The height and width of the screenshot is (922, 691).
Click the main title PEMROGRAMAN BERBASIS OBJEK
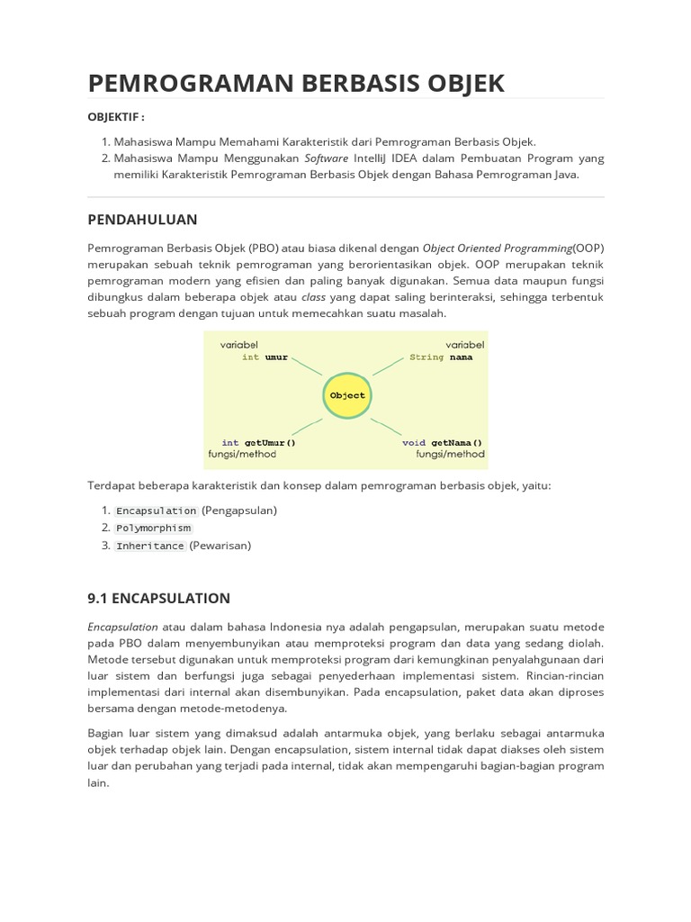pos(296,83)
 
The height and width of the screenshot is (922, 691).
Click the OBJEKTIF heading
pos(116,117)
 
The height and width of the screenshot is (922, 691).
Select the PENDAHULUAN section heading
pos(142,220)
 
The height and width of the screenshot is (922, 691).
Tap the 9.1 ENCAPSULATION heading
pos(158,598)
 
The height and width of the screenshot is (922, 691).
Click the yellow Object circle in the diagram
pos(347,395)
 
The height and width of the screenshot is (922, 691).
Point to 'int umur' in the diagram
pos(265,357)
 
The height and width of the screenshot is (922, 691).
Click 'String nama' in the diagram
pos(441,357)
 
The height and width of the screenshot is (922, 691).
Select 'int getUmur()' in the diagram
pos(258,442)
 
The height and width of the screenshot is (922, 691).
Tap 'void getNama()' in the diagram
pos(442,442)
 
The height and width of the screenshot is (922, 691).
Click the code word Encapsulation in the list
pos(156,511)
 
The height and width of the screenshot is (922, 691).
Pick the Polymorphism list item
pos(153,529)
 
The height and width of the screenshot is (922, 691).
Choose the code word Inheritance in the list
pos(149,546)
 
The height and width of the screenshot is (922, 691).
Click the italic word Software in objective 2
pos(326,158)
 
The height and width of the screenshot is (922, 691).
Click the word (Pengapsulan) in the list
pos(239,511)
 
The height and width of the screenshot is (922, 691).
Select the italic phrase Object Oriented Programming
pos(498,248)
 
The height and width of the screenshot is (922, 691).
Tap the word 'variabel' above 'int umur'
pos(239,345)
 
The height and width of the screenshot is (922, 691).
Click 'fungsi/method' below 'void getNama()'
pos(450,455)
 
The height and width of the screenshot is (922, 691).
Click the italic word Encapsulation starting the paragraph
pos(122,627)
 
